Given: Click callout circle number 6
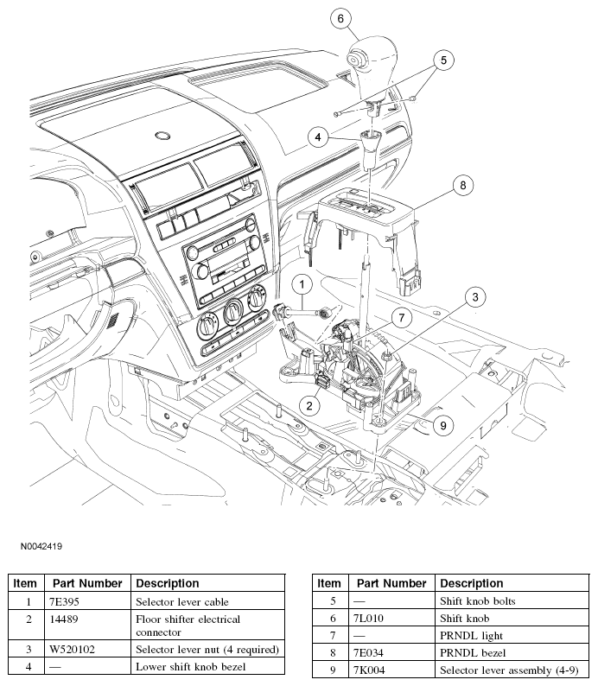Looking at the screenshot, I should point(340,18).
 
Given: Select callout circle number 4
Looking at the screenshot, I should point(319,137).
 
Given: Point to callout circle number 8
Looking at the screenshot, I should point(462,184).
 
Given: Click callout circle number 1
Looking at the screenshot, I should point(302,283).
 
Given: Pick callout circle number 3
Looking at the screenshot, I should point(474,297).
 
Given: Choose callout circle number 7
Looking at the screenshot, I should point(401,317).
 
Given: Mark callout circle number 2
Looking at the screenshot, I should point(307,403).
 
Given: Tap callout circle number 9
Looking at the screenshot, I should point(442,424).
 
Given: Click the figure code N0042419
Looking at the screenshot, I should point(37,546).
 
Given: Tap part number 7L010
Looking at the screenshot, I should point(368,619).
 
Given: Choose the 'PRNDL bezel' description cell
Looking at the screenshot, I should point(473,653).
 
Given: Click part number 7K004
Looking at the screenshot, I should point(369,670).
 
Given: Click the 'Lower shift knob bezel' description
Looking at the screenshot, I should point(192,666).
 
